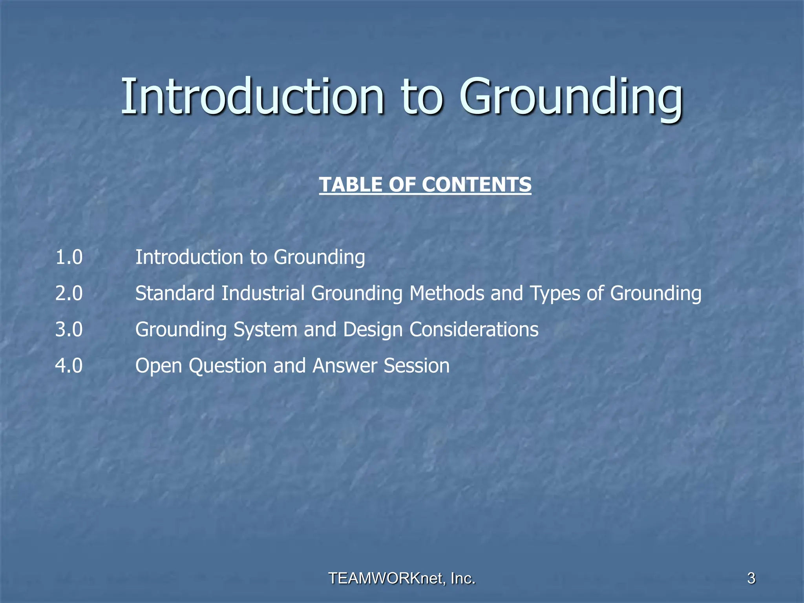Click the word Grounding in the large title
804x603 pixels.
point(571,98)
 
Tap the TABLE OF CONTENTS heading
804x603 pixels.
point(425,185)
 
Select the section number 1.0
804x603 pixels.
point(69,258)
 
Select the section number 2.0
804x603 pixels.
point(69,294)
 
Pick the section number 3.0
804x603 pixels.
point(69,330)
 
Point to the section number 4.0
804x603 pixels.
point(69,366)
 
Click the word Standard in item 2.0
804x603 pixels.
point(175,294)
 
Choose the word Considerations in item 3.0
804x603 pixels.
point(474,330)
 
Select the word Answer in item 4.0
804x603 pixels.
point(345,366)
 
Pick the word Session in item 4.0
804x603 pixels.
point(417,366)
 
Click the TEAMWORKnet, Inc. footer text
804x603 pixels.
point(402,578)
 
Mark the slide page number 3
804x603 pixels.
point(751,578)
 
